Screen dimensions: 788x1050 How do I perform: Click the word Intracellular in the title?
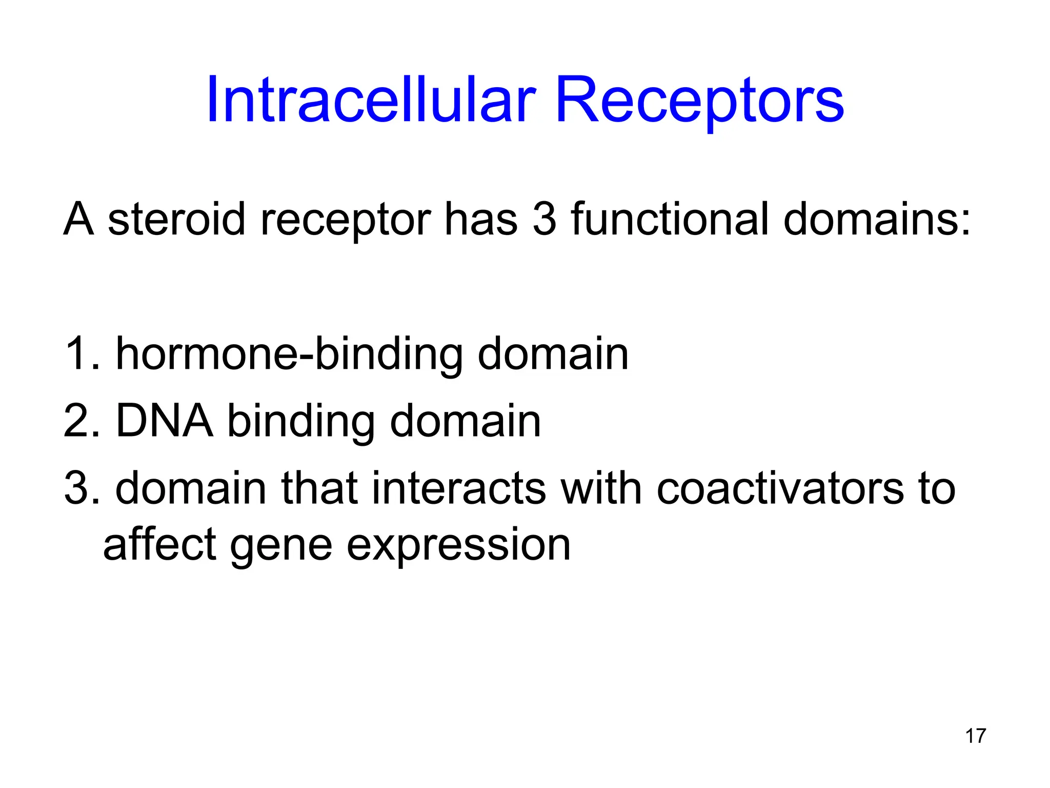coord(371,100)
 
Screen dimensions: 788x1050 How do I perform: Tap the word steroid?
coord(176,220)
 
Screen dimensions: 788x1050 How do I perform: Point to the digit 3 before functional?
coord(544,220)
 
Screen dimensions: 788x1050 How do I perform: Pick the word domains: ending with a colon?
coord(877,220)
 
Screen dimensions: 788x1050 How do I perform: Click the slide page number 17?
coord(975,736)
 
